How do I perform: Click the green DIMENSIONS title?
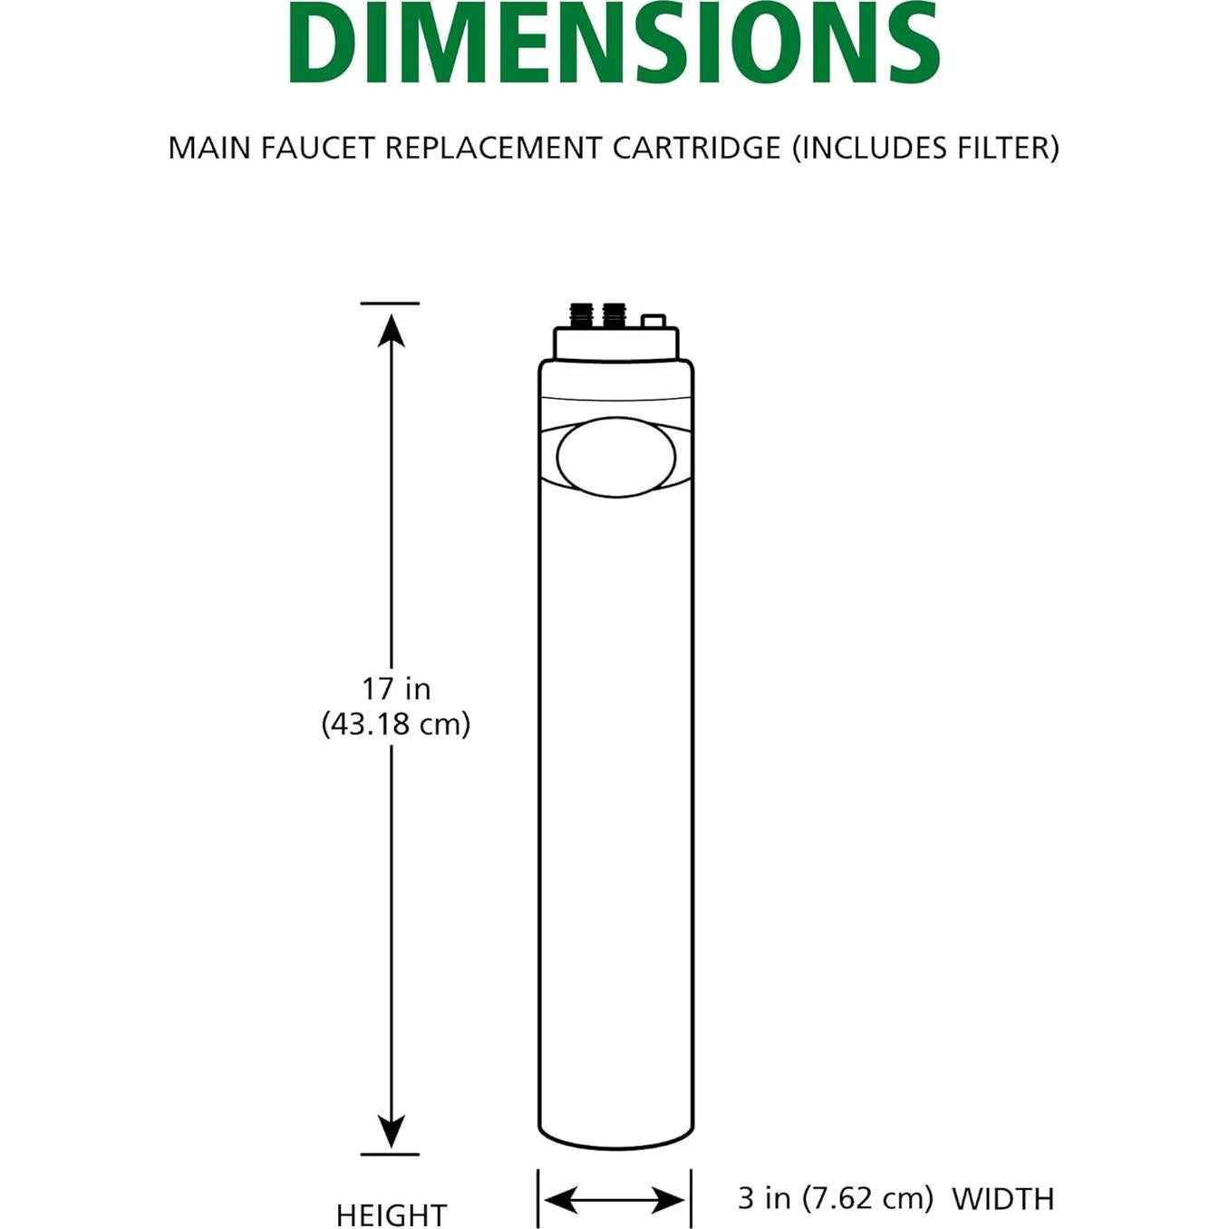click(x=614, y=43)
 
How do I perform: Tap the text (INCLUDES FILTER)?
click(x=925, y=148)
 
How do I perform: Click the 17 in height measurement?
click(x=396, y=689)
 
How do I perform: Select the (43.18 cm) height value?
click(x=396, y=724)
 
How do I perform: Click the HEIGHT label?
click(x=392, y=1214)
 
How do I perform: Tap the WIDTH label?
click(x=1003, y=1199)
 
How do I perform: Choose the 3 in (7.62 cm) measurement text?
click(x=835, y=1198)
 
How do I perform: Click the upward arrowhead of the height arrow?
click(x=391, y=331)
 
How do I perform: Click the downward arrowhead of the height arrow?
click(x=391, y=1132)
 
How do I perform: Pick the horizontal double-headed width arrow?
click(x=614, y=1201)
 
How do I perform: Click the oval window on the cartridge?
click(x=616, y=458)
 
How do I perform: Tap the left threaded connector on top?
click(x=580, y=315)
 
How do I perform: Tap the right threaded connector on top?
click(x=614, y=315)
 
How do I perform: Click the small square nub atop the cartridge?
click(x=653, y=321)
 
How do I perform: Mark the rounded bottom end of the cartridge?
click(x=616, y=1137)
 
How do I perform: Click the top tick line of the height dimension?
click(x=390, y=304)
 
